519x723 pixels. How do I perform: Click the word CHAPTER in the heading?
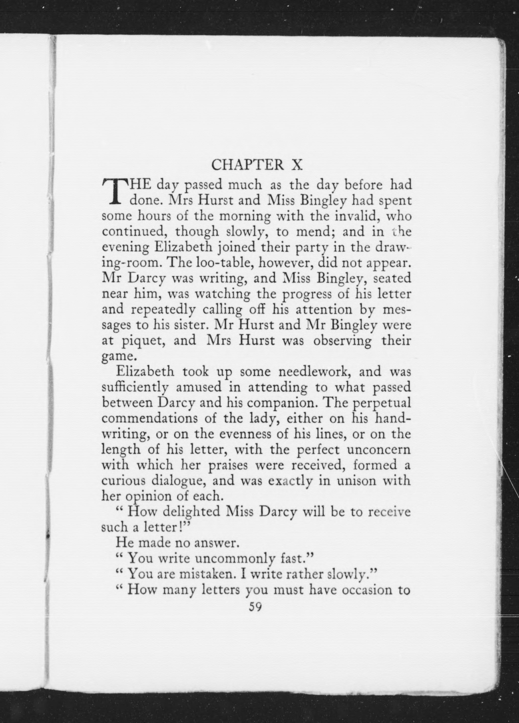247,165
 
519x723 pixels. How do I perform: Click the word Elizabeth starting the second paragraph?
145,372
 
